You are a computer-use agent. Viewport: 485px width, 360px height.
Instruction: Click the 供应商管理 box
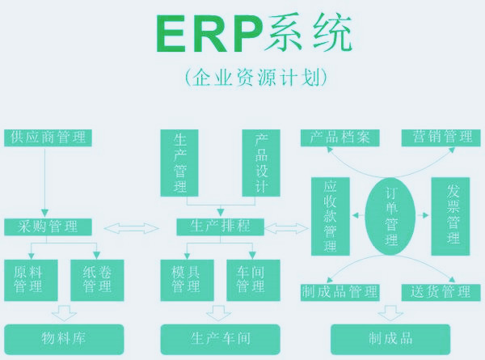pyautogui.click(x=48, y=137)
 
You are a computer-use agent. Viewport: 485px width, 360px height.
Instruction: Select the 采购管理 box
pyautogui.click(x=48, y=227)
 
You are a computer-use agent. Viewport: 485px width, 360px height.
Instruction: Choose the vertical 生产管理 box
pyautogui.click(x=180, y=162)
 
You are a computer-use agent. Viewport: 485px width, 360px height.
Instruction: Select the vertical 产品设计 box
pyautogui.click(x=260, y=162)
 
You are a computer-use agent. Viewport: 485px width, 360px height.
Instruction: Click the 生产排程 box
pyautogui.click(x=221, y=227)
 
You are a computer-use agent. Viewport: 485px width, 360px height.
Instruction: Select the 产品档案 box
pyautogui.click(x=339, y=137)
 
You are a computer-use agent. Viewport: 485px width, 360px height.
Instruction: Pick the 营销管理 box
pyautogui.click(x=437, y=137)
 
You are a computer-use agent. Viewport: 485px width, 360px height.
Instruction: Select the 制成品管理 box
pyautogui.click(x=339, y=291)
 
